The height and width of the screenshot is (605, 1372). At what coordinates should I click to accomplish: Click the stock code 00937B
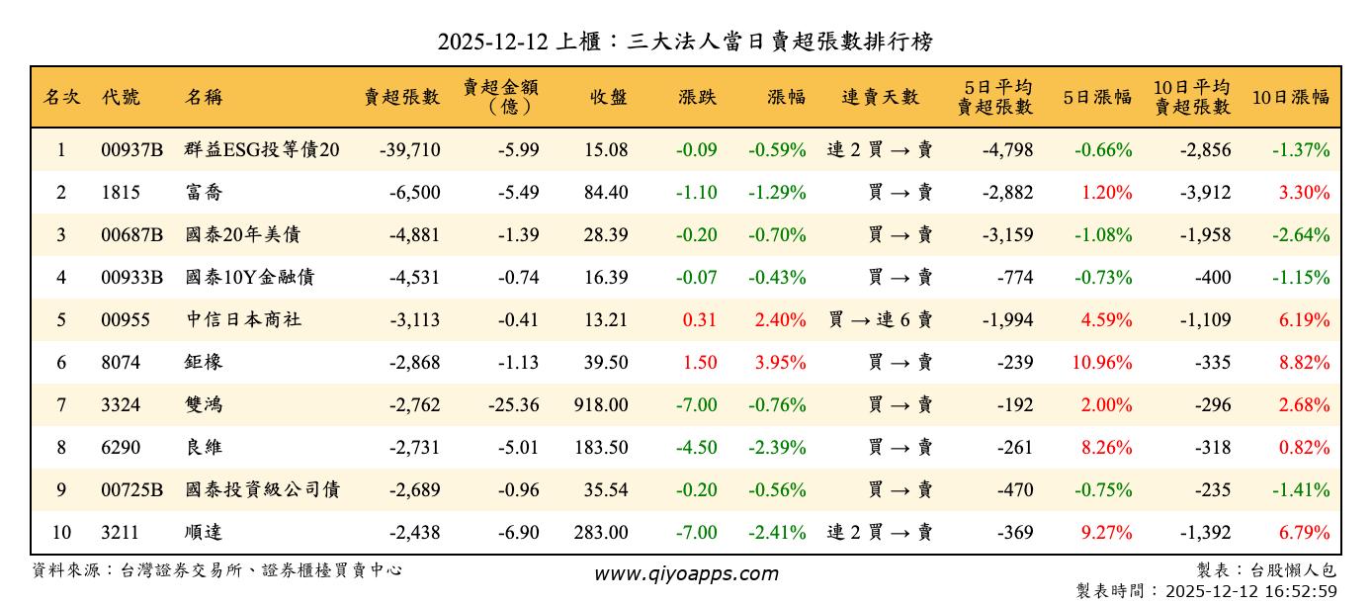coord(131,150)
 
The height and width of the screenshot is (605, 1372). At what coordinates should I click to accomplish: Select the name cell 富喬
coord(204,193)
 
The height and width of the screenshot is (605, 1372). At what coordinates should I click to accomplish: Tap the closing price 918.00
coord(600,405)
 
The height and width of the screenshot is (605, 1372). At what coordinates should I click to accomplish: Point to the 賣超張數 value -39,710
coord(409,150)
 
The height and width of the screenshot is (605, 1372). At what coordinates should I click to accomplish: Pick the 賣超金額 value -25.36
coord(514,405)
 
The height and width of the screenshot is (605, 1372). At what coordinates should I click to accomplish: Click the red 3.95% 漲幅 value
coord(780,363)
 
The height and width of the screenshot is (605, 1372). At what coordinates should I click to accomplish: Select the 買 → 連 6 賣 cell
coord(880,320)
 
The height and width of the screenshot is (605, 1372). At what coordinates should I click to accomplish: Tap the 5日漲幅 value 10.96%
coord(1101,363)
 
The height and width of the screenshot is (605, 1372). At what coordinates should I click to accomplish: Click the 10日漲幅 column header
coord(1290,97)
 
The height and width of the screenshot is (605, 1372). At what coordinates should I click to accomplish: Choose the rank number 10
coord(61,533)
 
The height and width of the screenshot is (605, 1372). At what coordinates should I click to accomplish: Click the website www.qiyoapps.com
coord(685,573)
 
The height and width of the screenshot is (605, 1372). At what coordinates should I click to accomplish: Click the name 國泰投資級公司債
coord(262,490)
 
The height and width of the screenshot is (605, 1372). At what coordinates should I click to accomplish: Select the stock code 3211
coord(121,533)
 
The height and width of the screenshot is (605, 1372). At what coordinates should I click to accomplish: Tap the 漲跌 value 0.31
coord(700,320)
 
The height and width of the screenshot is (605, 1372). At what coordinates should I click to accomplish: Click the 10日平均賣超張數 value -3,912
coord(1205,193)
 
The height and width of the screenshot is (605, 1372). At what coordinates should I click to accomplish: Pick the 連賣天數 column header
coord(880,97)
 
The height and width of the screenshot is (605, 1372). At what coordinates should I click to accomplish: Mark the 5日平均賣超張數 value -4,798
coord(1007,150)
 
